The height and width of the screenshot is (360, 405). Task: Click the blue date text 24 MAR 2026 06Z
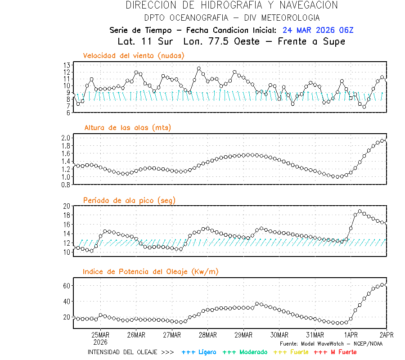pos(318,30)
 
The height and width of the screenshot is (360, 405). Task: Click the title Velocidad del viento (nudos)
pos(134,56)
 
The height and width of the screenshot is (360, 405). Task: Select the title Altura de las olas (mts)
pos(128,128)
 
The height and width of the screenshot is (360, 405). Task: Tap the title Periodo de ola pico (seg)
pos(129,200)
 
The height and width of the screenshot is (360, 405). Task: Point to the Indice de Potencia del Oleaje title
pos(151,272)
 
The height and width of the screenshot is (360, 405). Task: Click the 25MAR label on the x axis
pos(100,335)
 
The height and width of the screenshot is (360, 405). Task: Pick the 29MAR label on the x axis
pos(243,335)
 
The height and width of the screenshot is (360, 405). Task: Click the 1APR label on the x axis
pos(351,335)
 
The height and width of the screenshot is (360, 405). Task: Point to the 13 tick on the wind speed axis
pos(67,65)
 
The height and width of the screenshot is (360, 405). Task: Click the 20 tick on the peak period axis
pos(67,206)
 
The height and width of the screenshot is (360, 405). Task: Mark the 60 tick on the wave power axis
pos(67,286)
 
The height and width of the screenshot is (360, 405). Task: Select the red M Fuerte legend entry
pos(335,352)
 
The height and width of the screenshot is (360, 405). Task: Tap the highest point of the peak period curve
pos(360,211)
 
